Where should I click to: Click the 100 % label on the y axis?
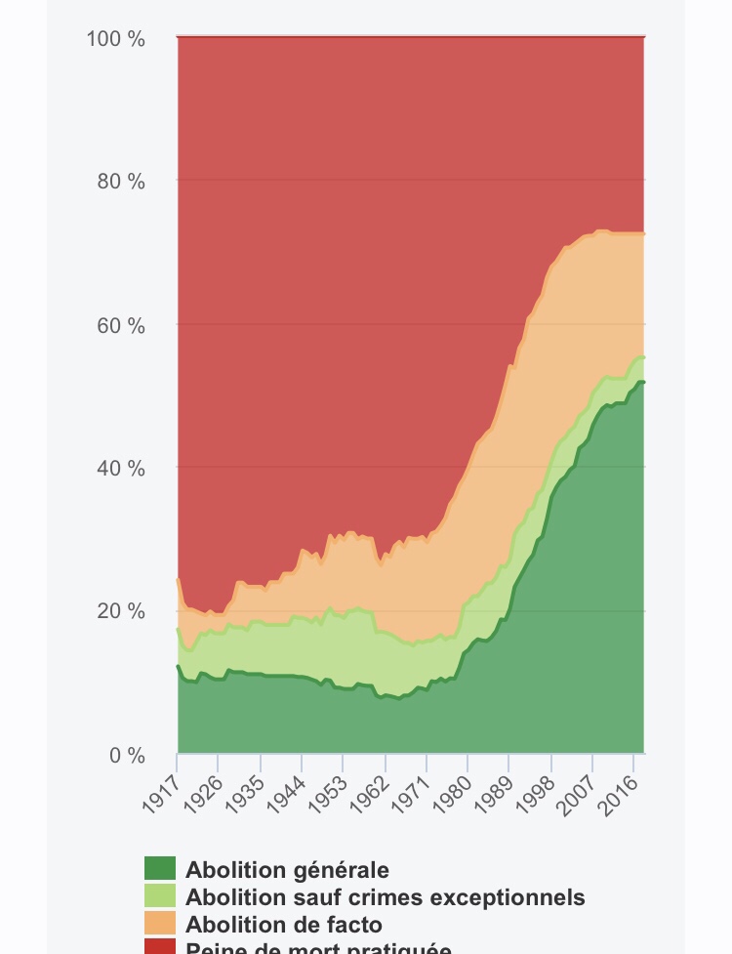[115, 39]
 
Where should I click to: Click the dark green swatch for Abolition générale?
[160, 869]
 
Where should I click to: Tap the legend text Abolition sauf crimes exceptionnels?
[385, 897]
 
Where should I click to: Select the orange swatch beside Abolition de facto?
[160, 924]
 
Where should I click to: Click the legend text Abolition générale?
[287, 870]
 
